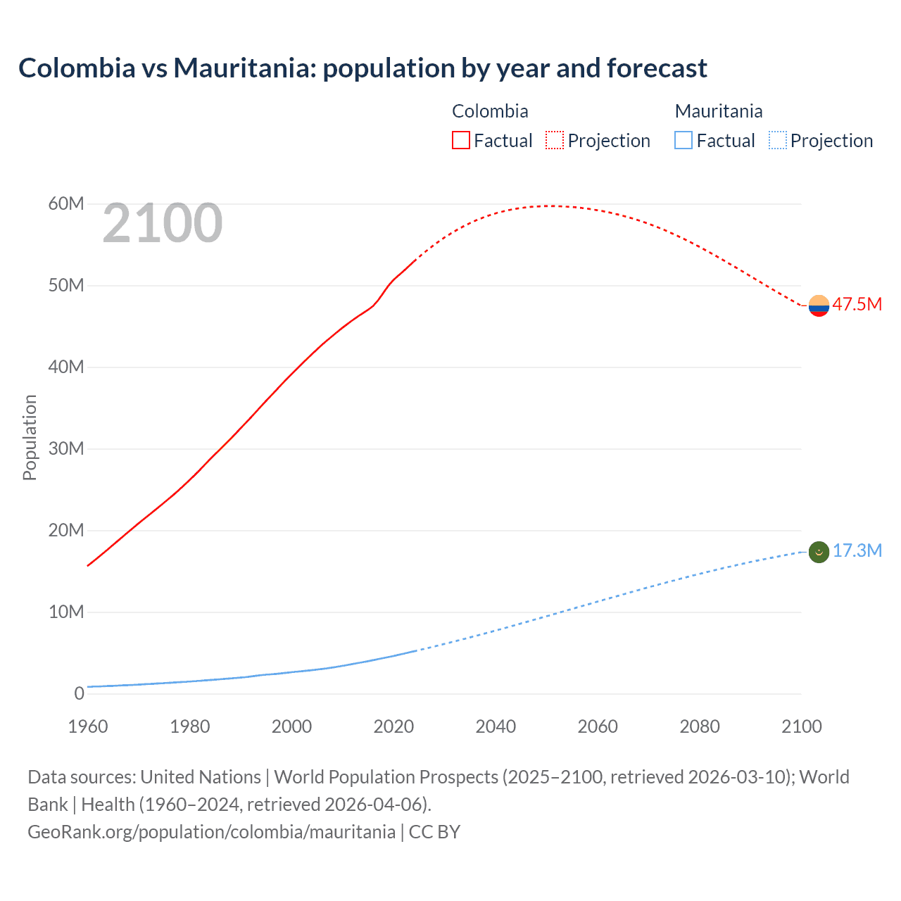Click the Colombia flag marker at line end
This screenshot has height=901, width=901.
819,305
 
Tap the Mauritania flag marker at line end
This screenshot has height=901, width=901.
819,552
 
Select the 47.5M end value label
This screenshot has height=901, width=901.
857,304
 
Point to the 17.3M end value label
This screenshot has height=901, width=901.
857,550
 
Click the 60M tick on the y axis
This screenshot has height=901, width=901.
66,204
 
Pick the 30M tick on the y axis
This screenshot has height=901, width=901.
66,448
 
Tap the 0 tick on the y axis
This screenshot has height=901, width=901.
79,693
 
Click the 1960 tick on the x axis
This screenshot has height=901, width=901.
88,726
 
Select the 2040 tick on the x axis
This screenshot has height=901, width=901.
496,726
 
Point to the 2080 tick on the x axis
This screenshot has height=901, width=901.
700,726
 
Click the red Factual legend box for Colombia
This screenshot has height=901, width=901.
461,140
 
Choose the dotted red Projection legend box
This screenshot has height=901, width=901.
555,140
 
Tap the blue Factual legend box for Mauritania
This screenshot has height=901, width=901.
683,140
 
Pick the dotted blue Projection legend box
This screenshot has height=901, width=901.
778,140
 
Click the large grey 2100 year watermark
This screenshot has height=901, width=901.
163,224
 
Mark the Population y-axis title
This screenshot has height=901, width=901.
30,437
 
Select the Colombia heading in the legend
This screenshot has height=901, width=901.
490,111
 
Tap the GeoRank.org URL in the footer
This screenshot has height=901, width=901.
211,831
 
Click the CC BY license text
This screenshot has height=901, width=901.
434,831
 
